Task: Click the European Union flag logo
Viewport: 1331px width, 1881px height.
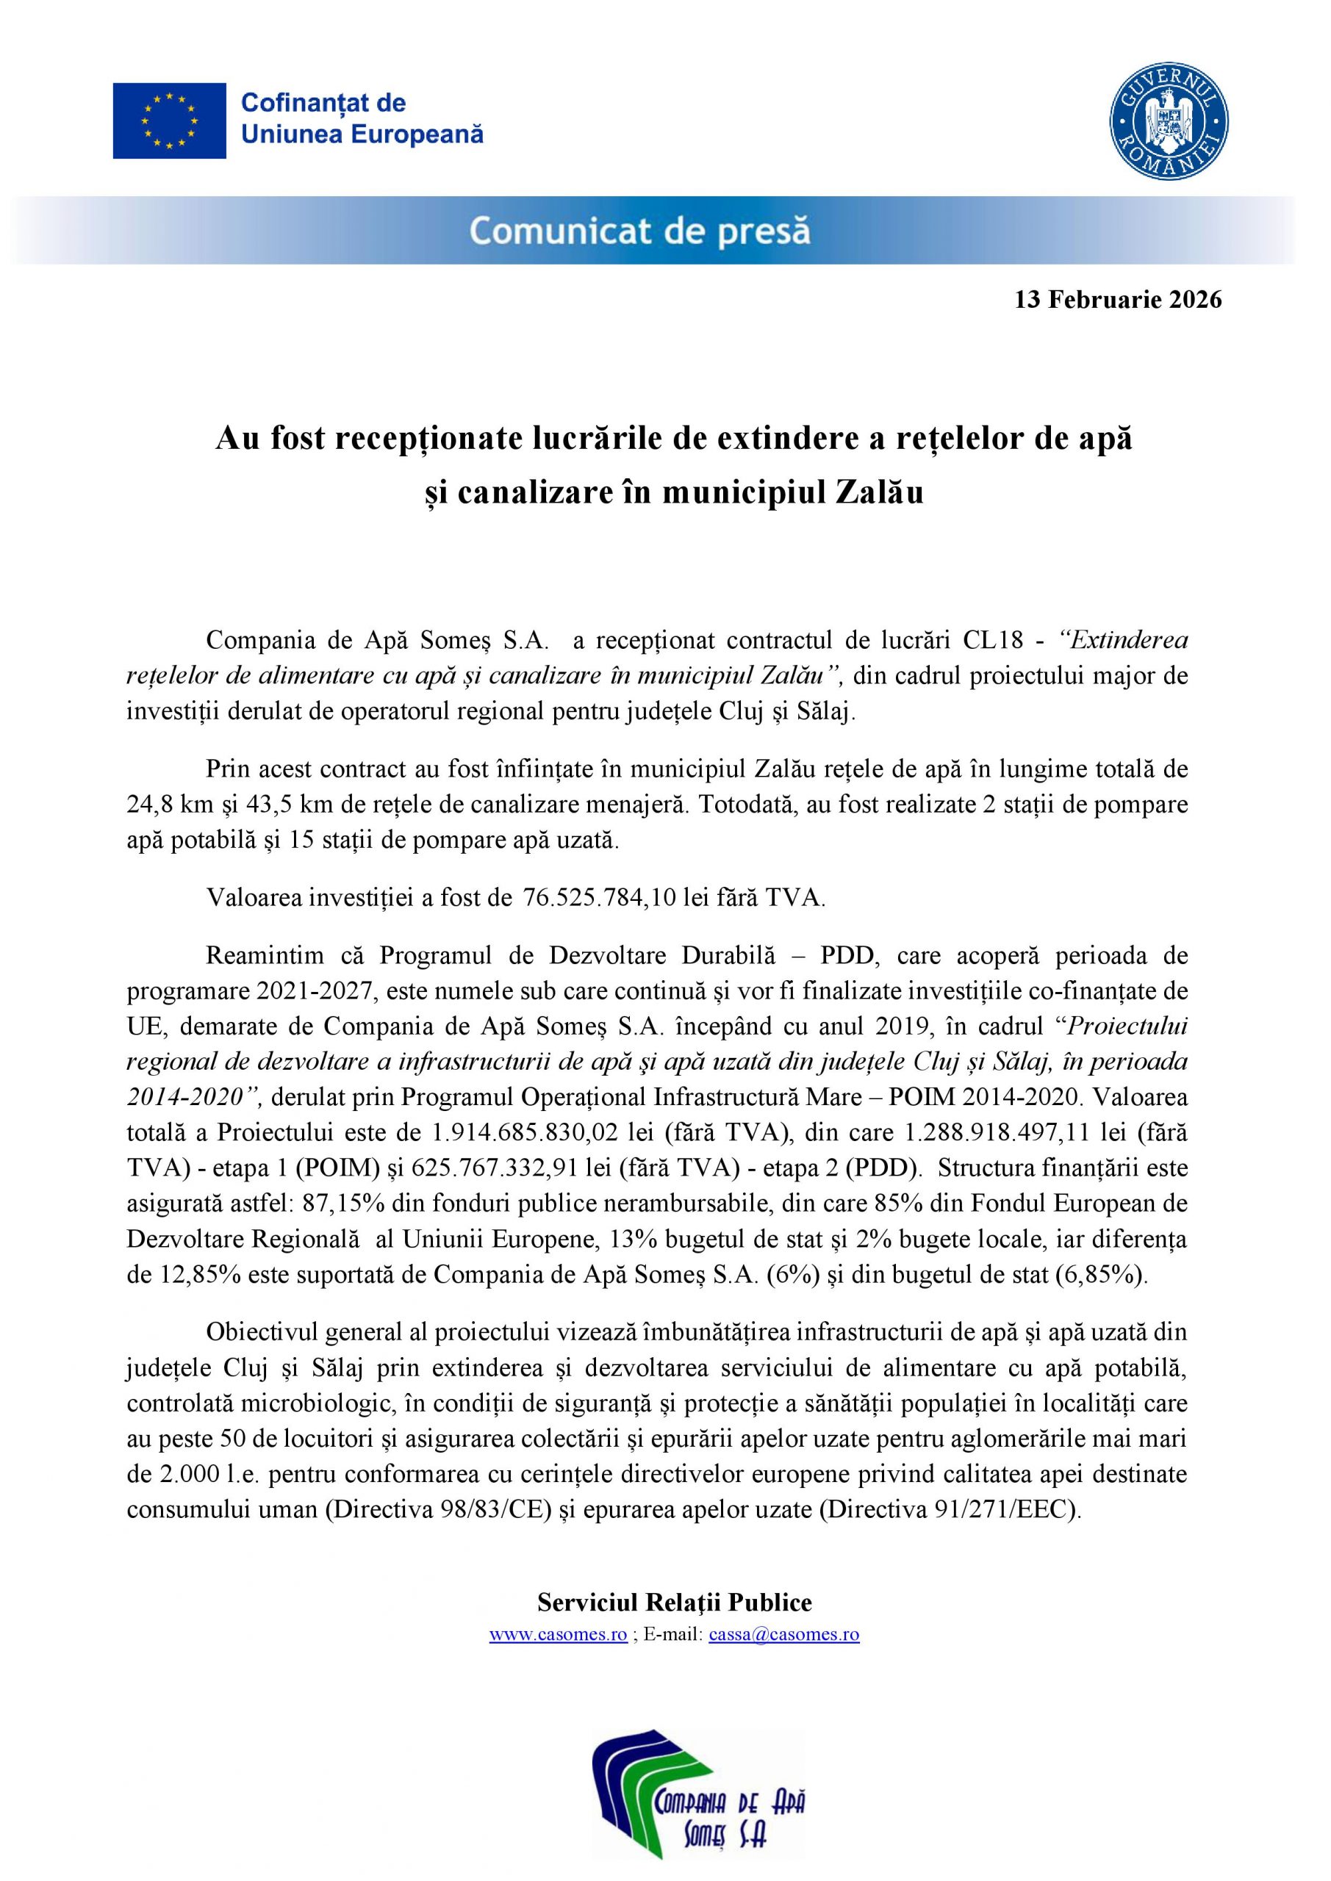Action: coord(169,121)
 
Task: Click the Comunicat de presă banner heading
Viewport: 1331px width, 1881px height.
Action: coord(640,232)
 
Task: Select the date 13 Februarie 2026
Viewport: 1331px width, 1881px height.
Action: coord(1117,300)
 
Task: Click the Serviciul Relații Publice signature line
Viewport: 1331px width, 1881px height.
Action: coord(675,1603)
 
